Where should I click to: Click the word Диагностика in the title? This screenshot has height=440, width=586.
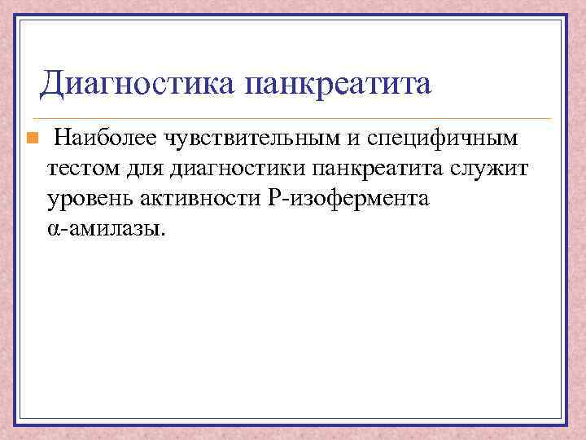138,83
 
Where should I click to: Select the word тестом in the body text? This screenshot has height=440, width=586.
80,169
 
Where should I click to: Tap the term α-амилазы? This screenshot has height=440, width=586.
106,229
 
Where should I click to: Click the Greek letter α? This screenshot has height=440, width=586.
53,230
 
